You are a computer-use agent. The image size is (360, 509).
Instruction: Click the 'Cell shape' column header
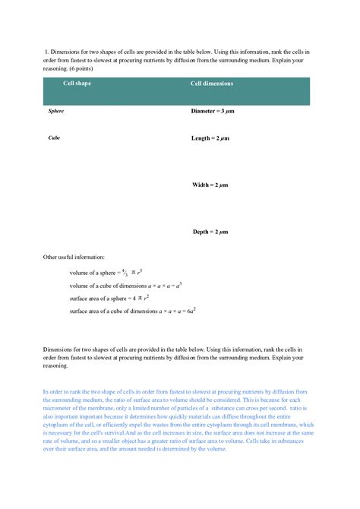[77, 84]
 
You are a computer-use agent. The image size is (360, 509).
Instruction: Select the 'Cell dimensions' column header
[211, 84]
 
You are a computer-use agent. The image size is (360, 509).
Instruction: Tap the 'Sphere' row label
[55, 111]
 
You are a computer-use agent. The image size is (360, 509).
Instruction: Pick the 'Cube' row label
[54, 139]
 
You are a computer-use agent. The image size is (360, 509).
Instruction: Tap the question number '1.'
[47, 52]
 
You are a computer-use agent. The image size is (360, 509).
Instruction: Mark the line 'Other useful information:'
[74, 258]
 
